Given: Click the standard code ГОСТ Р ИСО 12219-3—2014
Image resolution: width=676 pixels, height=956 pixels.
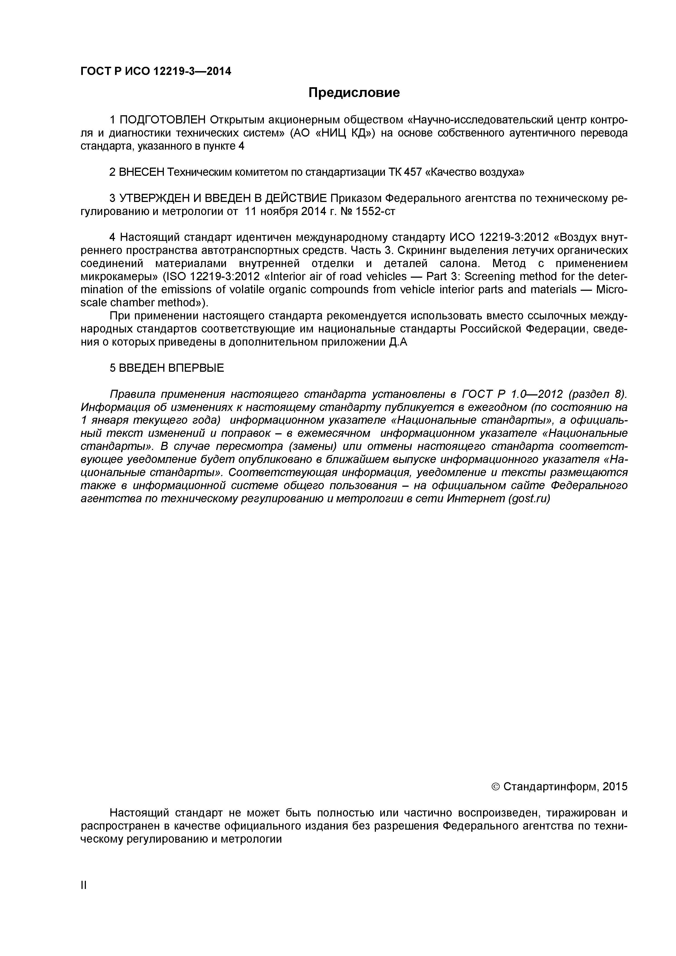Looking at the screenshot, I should click(155, 72).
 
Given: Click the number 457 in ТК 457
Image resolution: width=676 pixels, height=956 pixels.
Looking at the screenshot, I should click(413, 173).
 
